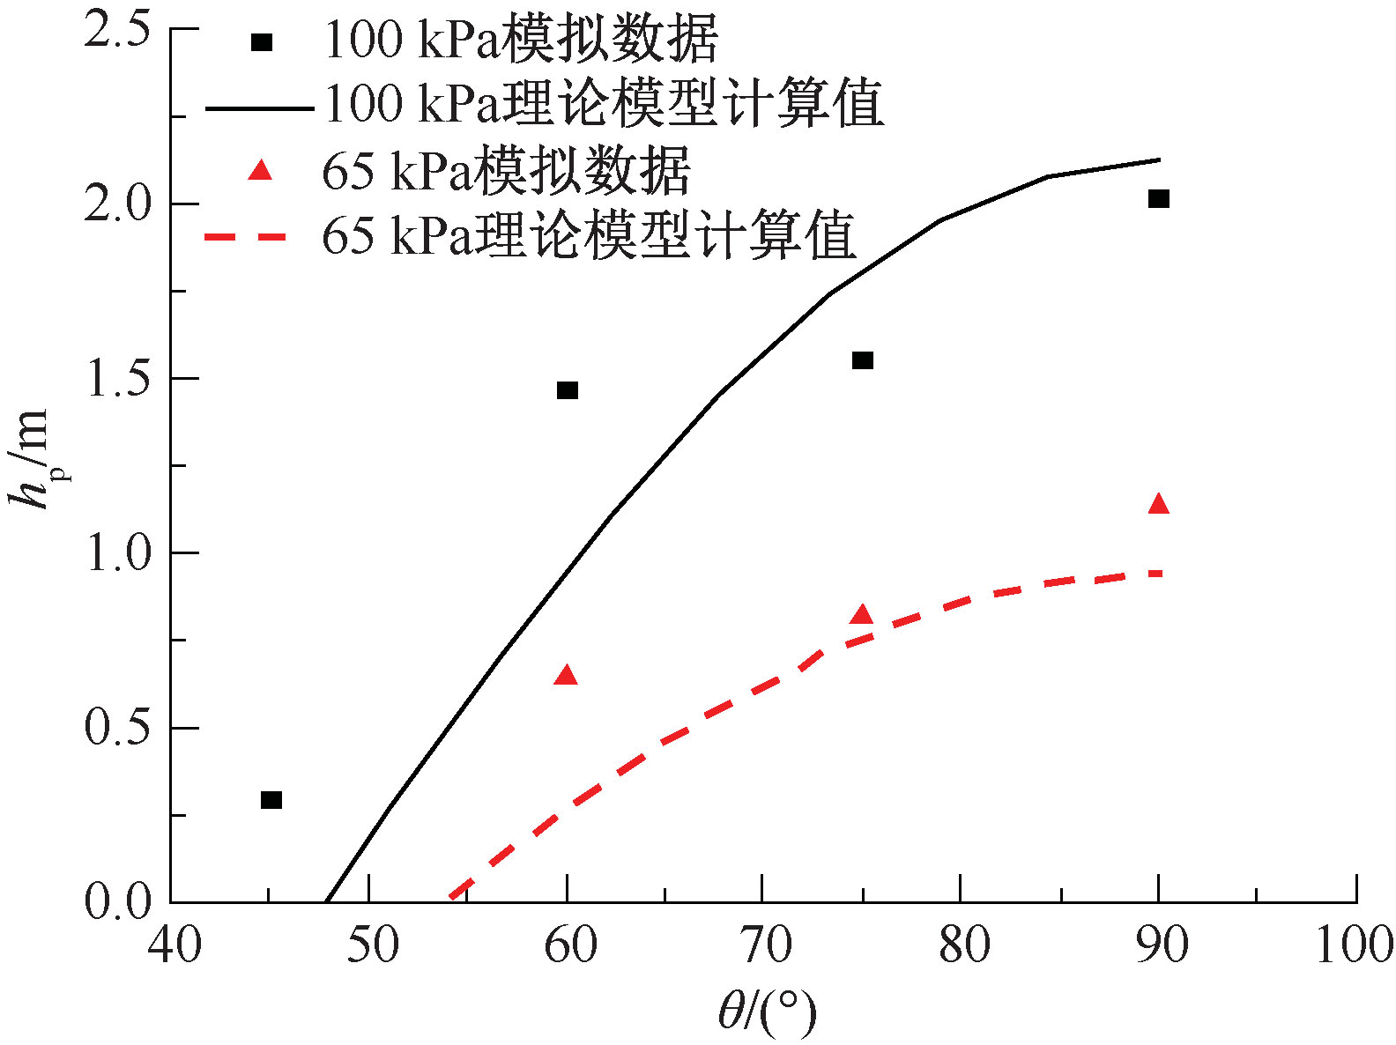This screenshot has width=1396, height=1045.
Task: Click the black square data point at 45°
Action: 271,800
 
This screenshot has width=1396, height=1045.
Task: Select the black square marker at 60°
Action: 568,390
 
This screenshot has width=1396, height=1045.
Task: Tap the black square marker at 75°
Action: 863,360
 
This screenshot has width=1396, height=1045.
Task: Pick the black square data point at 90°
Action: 1159,199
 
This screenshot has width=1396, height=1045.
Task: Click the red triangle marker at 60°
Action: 567,676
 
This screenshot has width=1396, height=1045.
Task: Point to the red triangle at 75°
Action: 862,615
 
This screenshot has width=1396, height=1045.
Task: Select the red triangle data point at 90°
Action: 1159,504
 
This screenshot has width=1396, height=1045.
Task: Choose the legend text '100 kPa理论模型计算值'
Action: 605,104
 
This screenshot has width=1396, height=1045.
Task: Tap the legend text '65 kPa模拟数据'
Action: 507,171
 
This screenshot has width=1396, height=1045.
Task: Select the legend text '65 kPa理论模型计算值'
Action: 589,236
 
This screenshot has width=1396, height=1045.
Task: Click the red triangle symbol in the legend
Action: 260,170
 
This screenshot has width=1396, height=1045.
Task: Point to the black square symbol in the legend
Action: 261,42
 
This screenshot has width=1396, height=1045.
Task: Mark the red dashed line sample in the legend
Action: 246,236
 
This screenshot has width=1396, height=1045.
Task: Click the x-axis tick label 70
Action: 763,945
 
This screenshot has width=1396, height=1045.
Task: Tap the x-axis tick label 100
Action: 1354,945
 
